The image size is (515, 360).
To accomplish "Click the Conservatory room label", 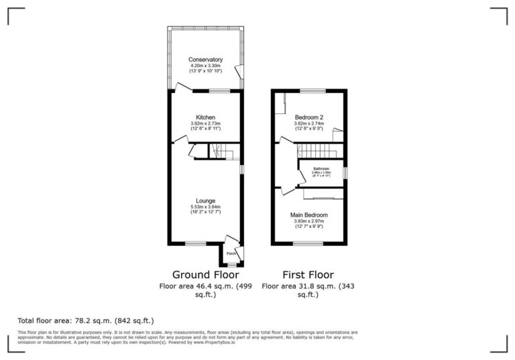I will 205,59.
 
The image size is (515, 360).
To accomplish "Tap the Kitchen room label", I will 205,117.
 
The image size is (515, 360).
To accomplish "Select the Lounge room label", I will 205,200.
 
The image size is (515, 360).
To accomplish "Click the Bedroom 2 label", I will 309,117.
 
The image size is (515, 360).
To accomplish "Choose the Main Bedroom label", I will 309,215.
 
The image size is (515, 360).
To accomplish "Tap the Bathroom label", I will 321,169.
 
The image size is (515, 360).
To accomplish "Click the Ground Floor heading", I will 205,274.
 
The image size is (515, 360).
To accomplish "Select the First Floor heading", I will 308,274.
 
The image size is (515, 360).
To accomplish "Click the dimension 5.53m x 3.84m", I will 205,207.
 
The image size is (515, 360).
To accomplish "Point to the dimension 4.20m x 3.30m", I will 205,65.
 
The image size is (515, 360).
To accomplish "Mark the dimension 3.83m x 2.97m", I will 309,221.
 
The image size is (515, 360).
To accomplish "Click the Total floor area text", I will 81,320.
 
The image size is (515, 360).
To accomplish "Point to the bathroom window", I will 345,172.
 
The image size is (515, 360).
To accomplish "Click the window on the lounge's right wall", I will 241,170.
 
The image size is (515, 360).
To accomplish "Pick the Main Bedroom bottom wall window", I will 309,244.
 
